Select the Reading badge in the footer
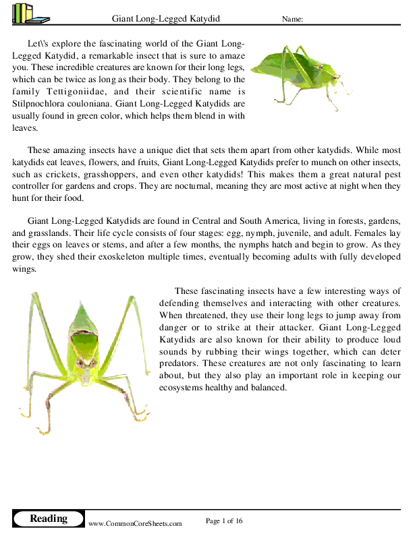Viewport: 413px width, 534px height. point(49,518)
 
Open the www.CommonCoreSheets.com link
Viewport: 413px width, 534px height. point(135,523)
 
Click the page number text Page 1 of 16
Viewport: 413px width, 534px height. point(224,521)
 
